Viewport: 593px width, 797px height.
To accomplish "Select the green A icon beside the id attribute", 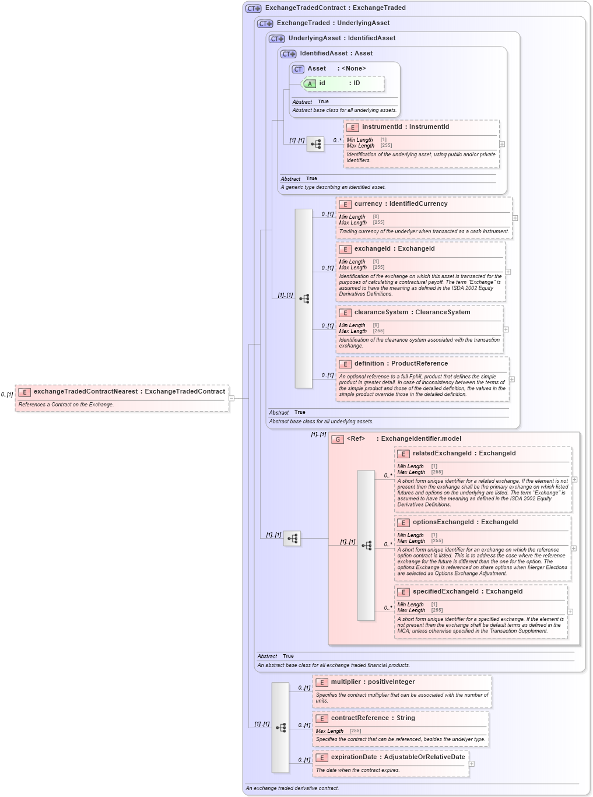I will pyautogui.click(x=310, y=84).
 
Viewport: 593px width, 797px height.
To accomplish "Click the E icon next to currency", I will pyautogui.click(x=345, y=205).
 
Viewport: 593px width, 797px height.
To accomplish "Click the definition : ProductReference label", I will pyautogui.click(x=401, y=364).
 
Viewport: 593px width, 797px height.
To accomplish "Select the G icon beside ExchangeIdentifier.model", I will pyautogui.click(x=338, y=440).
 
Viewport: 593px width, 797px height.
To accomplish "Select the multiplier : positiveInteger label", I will pyautogui.click(x=373, y=682).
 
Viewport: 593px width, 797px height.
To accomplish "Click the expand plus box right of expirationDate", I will pyautogui.click(x=472, y=764).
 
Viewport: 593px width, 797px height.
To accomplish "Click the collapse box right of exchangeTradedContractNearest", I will pyautogui.click(x=231, y=399).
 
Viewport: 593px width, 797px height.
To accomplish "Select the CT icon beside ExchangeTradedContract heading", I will pyautogui.click(x=254, y=9).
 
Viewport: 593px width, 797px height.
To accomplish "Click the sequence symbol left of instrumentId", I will pyautogui.click(x=315, y=145).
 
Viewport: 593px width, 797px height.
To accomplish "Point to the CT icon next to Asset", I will pyautogui.click(x=298, y=69).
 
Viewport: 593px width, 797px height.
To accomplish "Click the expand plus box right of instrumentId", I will pyautogui.click(x=502, y=144).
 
